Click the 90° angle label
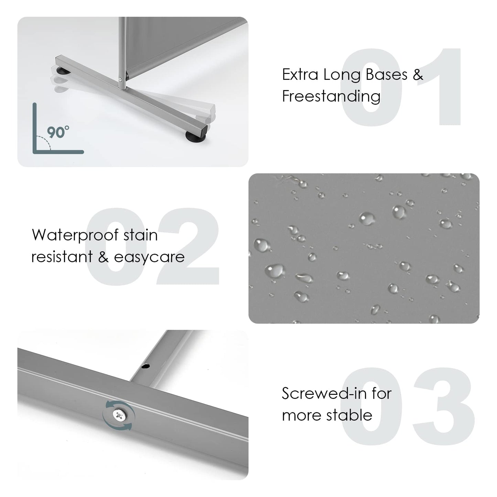[58, 132]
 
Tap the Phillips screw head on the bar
[119, 415]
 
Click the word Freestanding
[331, 97]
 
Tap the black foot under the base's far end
[63, 71]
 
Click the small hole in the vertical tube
[146, 366]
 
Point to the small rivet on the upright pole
[120, 79]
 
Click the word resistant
[62, 257]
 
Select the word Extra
[300, 75]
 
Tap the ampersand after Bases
[418, 75]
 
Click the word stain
[140, 236]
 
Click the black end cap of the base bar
[204, 129]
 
